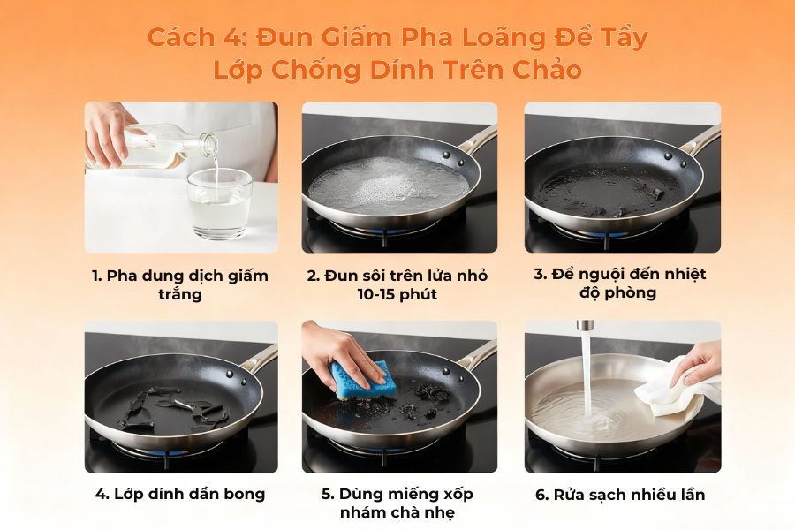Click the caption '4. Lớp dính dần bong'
tap(180, 494)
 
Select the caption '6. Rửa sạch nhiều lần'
tap(620, 494)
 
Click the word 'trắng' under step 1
tap(180, 294)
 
